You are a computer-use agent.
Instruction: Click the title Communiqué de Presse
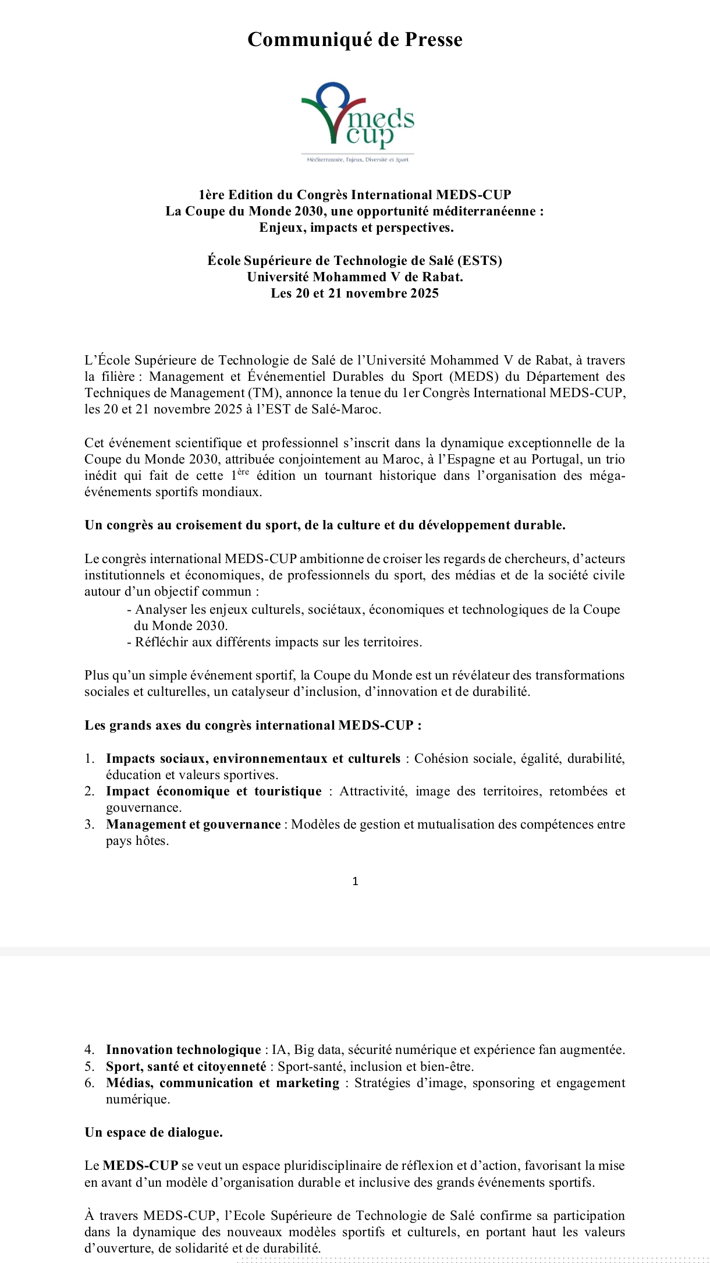(354, 40)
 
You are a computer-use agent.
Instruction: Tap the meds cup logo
(357, 116)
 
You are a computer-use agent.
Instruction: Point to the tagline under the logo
(357, 160)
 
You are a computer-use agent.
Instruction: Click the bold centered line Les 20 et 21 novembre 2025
(354, 293)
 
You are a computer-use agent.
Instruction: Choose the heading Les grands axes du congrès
(253, 726)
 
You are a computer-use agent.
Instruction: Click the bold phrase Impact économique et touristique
(214, 791)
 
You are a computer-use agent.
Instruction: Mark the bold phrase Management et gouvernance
(193, 825)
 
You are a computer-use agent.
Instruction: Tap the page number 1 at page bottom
(355, 882)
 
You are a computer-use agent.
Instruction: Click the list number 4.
(89, 1050)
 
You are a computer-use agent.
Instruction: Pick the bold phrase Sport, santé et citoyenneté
(186, 1067)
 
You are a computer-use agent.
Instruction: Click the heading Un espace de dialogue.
(154, 1133)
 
